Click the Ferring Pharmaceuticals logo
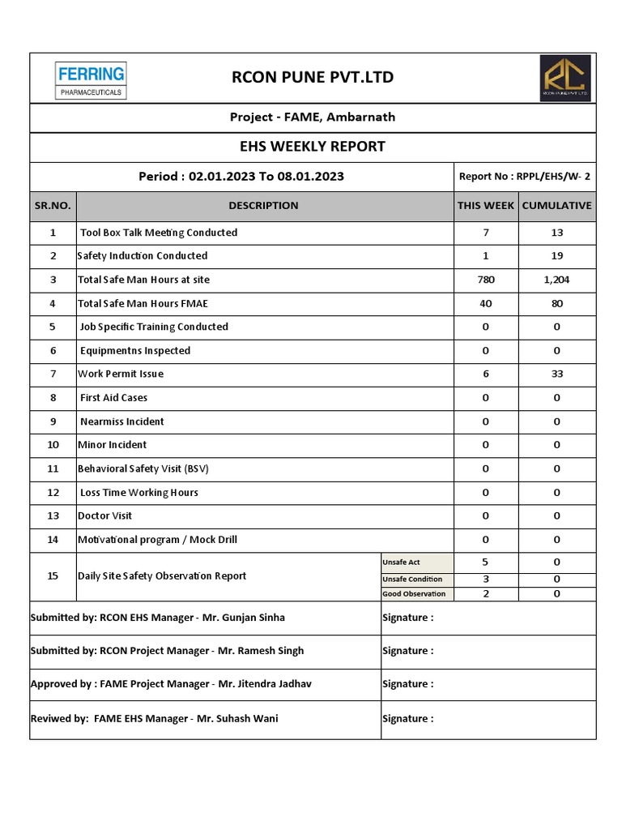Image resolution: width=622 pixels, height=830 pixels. click(90, 80)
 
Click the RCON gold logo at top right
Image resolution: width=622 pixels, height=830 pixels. click(565, 79)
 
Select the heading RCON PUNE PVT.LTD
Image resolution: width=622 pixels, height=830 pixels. click(313, 78)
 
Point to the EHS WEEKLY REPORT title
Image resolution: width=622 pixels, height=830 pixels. click(313, 147)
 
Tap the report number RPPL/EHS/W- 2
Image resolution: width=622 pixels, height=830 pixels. click(525, 177)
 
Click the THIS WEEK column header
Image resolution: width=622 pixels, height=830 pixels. click(485, 206)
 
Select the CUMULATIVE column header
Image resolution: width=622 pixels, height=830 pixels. click(556, 206)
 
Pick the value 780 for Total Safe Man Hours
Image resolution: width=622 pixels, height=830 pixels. click(485, 280)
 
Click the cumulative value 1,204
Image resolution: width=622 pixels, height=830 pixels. click(556, 280)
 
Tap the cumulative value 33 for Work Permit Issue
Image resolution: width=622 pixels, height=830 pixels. click(556, 374)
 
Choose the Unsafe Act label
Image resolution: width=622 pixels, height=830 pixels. click(403, 563)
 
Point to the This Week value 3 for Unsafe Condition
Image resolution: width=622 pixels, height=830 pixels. click(485, 579)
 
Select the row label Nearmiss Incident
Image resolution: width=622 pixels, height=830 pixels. click(121, 421)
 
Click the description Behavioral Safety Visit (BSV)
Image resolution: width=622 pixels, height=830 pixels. click(143, 468)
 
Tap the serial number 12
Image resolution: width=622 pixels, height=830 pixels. click(53, 493)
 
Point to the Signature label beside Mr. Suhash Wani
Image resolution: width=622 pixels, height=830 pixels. click(407, 718)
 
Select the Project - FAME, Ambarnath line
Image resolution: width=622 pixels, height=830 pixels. click(313, 117)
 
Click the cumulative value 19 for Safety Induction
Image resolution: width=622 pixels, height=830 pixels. click(556, 256)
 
